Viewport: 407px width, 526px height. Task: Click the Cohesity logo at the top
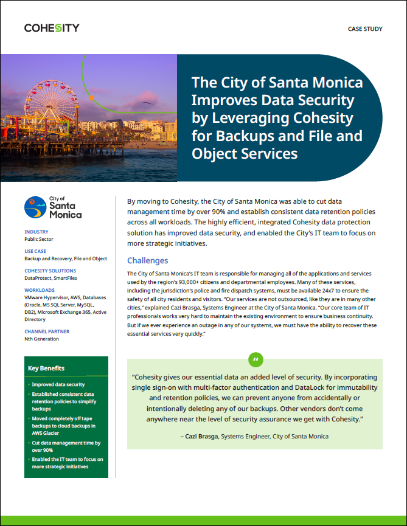coord(52,28)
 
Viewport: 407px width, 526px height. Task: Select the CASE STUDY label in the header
coord(365,29)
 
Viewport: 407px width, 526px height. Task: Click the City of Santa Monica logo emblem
coord(34,207)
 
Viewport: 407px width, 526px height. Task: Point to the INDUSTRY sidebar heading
coord(37,232)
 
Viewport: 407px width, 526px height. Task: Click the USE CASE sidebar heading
coord(36,251)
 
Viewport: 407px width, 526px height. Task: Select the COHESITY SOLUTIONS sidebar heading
coord(50,271)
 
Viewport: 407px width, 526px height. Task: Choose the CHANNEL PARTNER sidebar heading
coord(47,331)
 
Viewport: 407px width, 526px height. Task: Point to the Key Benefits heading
coord(46,368)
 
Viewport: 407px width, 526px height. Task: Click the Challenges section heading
coord(147,260)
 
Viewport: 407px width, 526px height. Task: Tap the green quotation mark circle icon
coord(256,359)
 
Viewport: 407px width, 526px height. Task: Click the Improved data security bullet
coord(58,384)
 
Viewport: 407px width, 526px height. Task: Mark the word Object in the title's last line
coord(214,154)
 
